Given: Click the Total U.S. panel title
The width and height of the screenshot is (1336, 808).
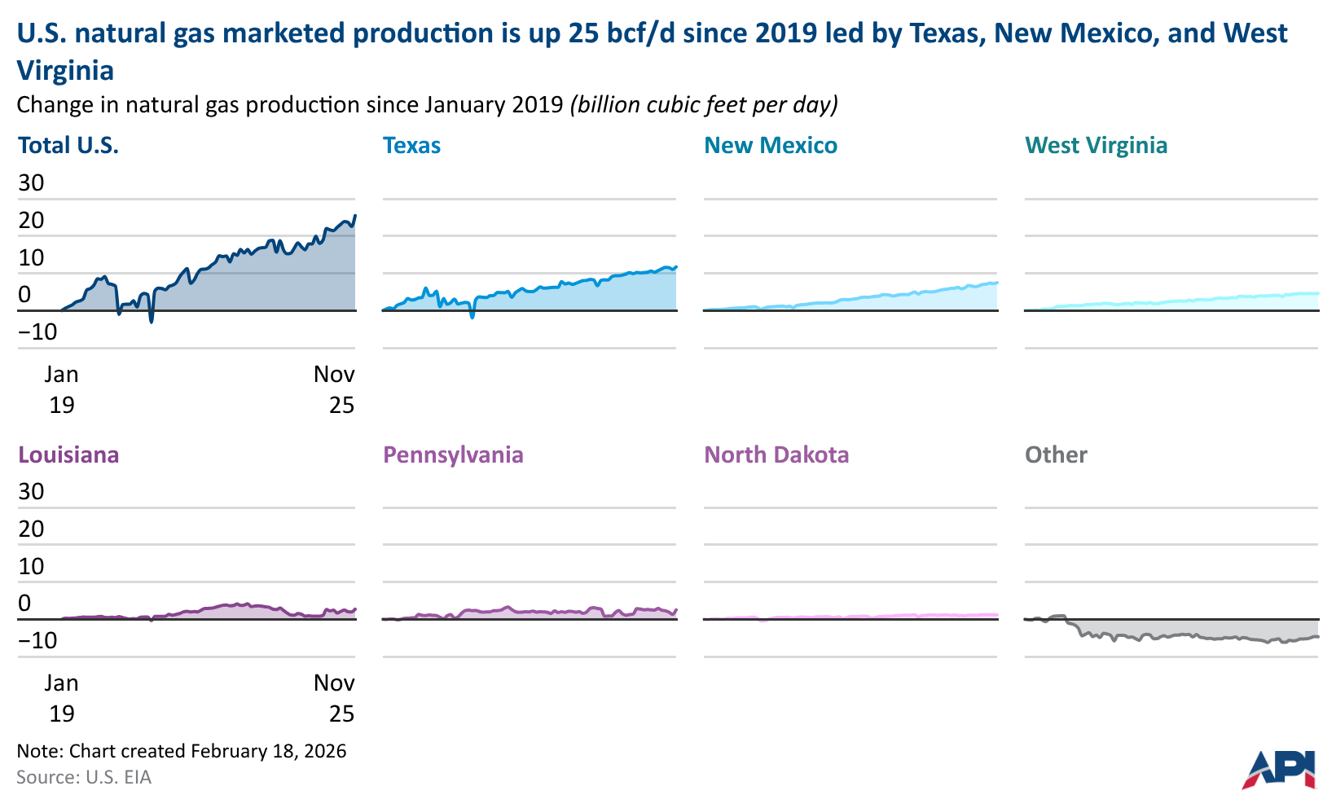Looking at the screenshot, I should [x=68, y=146].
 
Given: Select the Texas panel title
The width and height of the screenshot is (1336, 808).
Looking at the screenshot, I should [x=411, y=146].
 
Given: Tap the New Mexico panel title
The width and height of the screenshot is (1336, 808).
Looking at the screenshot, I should [x=770, y=146].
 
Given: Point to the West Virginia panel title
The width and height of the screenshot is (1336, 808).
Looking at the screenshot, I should [x=1096, y=146].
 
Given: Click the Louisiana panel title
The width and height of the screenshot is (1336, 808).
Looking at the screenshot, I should [x=68, y=455].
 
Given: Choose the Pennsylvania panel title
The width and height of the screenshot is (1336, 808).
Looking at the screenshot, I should [x=453, y=455].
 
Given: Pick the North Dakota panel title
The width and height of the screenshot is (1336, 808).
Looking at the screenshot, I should [x=776, y=455].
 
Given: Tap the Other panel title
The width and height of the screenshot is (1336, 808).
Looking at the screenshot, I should [x=1056, y=455].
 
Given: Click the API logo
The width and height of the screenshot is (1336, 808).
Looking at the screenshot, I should [x=1278, y=769].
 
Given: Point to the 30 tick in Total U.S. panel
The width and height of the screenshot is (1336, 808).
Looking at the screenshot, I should [x=31, y=182].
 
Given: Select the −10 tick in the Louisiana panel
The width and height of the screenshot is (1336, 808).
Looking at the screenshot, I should [x=37, y=640].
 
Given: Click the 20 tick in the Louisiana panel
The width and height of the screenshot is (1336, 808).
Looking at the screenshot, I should [x=31, y=529].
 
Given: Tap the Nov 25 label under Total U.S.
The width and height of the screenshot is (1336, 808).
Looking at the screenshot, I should [x=335, y=389].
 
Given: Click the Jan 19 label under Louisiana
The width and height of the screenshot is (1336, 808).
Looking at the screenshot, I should [x=61, y=697].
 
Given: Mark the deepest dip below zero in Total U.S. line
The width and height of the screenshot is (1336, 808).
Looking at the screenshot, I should [x=152, y=322].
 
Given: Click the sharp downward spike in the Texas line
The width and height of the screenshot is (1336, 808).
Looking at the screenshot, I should [x=472, y=316].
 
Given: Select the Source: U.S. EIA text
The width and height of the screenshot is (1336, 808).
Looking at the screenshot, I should [x=84, y=777].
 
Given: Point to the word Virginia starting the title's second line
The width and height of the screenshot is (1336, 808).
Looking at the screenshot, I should [x=65, y=71].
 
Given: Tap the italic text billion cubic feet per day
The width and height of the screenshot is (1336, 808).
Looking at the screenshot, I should [x=704, y=105].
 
